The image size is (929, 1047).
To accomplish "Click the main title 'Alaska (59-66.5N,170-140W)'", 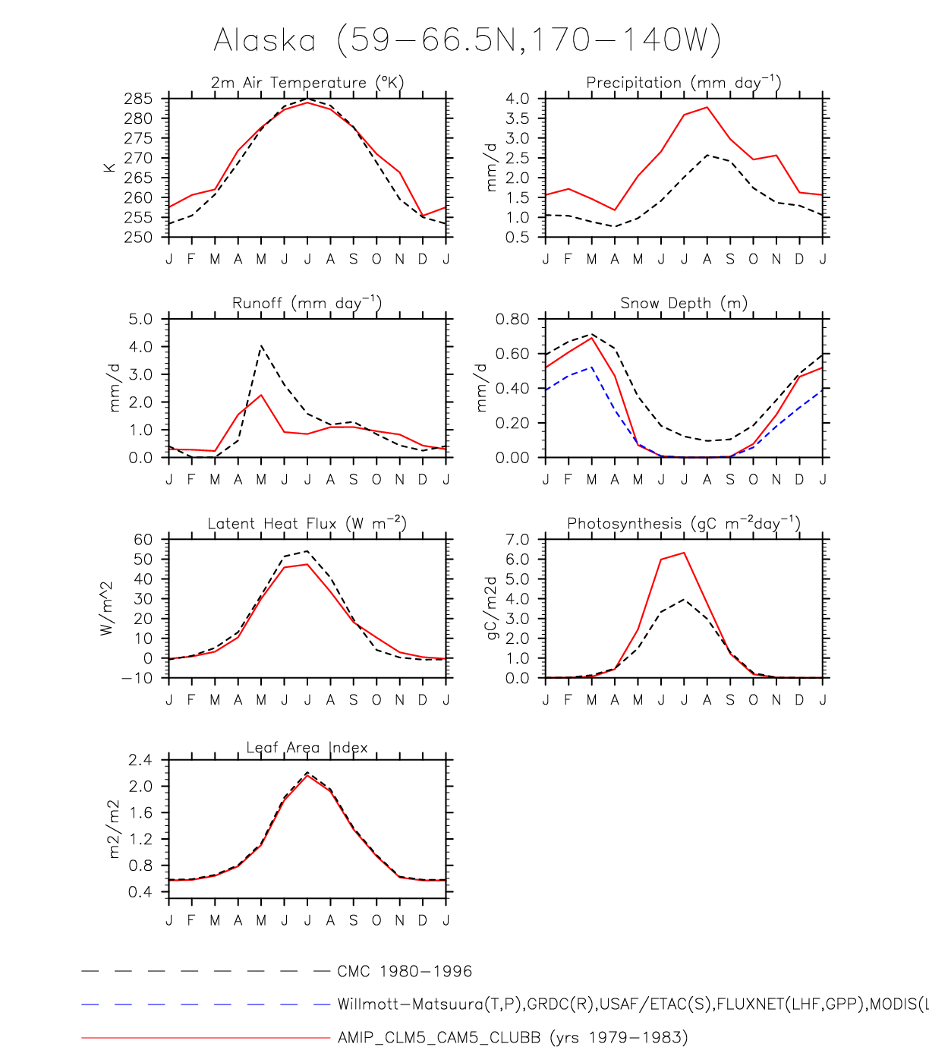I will click(467, 40).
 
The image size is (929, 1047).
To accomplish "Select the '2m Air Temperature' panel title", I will click(307, 82).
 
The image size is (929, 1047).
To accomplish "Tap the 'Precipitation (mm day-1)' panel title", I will click(683, 82).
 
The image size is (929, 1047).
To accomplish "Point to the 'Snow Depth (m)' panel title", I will click(683, 303).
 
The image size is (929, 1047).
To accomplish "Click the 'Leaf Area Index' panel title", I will click(307, 748).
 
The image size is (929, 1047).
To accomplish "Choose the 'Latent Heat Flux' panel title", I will click(307, 523).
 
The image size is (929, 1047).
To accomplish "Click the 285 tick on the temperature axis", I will click(140, 99).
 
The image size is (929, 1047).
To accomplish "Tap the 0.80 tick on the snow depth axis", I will click(512, 319).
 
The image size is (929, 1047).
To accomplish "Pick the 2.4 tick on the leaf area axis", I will click(140, 760).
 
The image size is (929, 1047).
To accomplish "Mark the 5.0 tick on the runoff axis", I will click(140, 319).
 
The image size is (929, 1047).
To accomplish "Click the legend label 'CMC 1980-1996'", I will click(405, 972).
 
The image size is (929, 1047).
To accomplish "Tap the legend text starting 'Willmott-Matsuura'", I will click(630, 1004).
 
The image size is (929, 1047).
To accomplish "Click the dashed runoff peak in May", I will click(261, 346).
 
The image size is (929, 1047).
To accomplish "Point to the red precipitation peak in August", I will click(707, 107).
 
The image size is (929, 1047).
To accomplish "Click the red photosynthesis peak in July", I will click(684, 553).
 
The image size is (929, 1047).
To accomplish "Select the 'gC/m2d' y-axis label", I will click(491, 607).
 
